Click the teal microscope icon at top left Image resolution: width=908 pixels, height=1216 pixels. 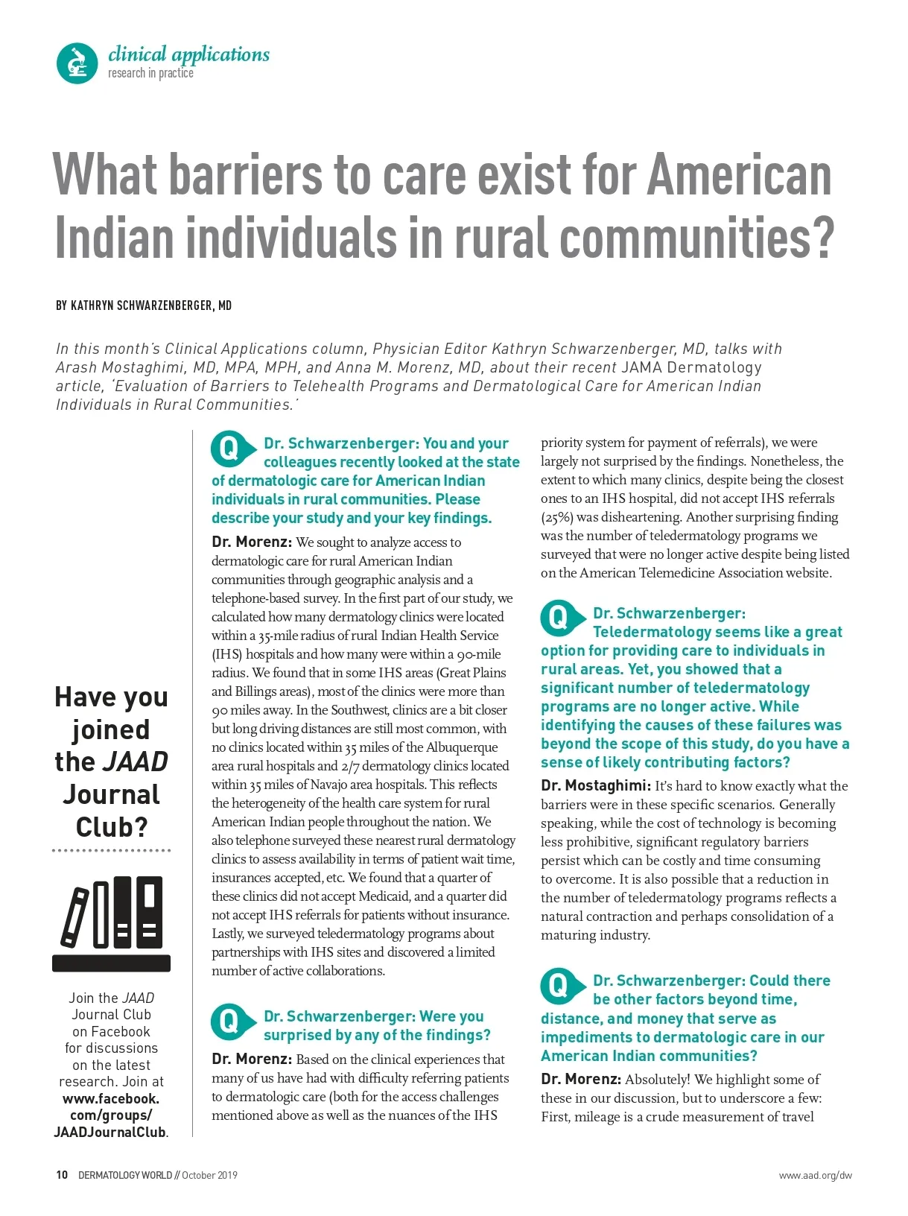[77, 63]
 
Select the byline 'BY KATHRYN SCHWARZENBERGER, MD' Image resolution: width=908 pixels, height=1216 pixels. [144, 305]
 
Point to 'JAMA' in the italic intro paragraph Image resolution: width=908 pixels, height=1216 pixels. [641, 367]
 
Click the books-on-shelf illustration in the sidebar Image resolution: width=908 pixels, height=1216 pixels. [112, 923]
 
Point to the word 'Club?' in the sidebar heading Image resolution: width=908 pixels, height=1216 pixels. [112, 827]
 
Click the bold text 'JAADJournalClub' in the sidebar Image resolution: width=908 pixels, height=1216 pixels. [109, 1132]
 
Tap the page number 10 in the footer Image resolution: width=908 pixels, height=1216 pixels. [62, 1175]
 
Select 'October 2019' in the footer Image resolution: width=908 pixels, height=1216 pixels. [209, 1175]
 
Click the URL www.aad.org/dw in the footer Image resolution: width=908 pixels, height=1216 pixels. [815, 1176]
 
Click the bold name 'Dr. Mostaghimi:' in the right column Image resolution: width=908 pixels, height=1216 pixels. [596, 785]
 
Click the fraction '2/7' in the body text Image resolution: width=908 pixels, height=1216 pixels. [350, 766]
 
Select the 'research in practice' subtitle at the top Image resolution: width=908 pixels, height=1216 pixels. [150, 73]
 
